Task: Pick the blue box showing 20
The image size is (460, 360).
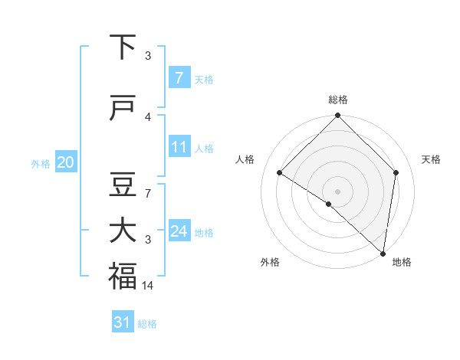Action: tap(66, 162)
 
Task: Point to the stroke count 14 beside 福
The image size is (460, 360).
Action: tap(149, 285)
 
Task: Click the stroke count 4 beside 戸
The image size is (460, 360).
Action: tap(148, 116)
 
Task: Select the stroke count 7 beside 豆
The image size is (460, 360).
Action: tap(148, 193)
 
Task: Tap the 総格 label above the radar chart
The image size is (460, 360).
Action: tap(337, 100)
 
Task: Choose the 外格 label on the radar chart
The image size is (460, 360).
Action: tap(270, 262)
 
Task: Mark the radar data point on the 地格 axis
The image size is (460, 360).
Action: tap(383, 254)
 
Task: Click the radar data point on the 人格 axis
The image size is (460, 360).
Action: tap(280, 173)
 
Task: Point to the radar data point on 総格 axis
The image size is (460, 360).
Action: tap(337, 116)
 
